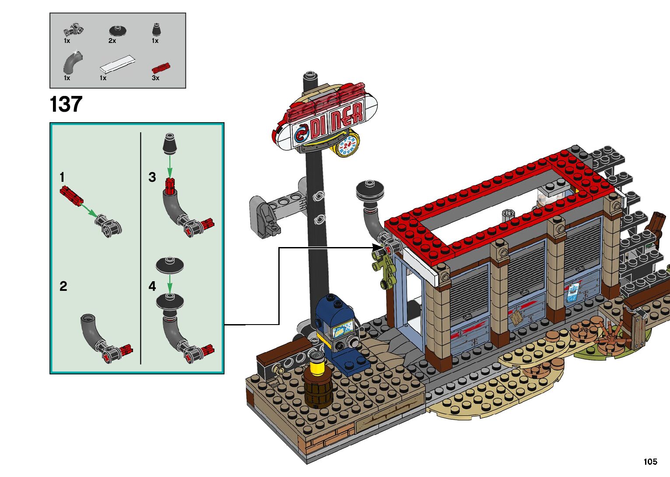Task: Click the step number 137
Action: click(x=66, y=104)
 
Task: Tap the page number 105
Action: click(x=650, y=461)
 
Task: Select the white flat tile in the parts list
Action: click(x=117, y=64)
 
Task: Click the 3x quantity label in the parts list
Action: click(x=155, y=78)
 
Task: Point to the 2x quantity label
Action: click(x=112, y=41)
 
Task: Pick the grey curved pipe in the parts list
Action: click(x=73, y=63)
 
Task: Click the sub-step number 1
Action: click(x=62, y=177)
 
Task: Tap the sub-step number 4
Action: click(x=152, y=286)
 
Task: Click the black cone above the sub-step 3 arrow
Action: click(x=170, y=144)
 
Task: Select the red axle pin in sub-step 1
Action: click(x=72, y=195)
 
